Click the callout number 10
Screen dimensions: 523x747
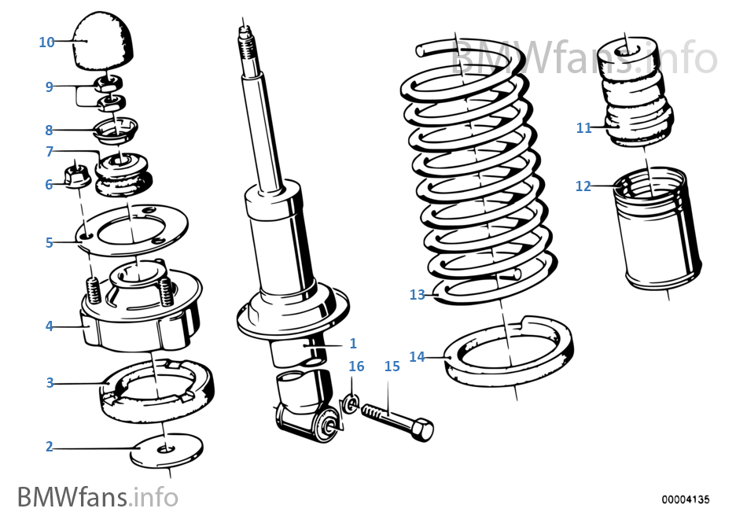(x=46, y=42)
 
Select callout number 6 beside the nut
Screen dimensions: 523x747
(x=49, y=184)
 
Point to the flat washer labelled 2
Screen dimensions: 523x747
(x=166, y=449)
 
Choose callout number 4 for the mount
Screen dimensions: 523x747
(x=49, y=325)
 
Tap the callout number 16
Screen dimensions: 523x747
(x=356, y=366)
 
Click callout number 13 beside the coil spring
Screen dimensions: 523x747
(x=417, y=295)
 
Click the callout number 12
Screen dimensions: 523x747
(x=583, y=186)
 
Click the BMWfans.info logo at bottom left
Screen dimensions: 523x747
(x=97, y=497)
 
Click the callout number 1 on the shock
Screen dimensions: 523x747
(x=353, y=343)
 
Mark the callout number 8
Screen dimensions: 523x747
(x=49, y=130)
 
